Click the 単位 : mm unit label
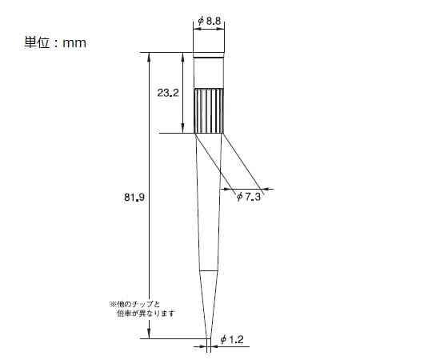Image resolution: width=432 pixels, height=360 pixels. point(55,42)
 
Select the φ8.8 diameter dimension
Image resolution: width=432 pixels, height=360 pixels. point(209,21)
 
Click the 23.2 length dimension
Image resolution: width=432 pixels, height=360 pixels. point(168,93)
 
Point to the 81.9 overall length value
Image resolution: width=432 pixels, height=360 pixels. point(134,195)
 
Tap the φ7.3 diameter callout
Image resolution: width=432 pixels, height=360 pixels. point(249,197)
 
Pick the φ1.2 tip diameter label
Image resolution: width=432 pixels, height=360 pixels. point(232,340)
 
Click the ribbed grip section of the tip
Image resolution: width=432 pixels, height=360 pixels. point(209,110)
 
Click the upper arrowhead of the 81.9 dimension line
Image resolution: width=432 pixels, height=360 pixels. point(149,56)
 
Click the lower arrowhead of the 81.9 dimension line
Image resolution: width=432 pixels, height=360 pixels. point(149,334)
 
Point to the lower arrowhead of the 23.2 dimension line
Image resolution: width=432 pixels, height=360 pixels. point(184,129)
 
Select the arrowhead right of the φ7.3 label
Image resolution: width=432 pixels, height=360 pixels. point(266,190)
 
